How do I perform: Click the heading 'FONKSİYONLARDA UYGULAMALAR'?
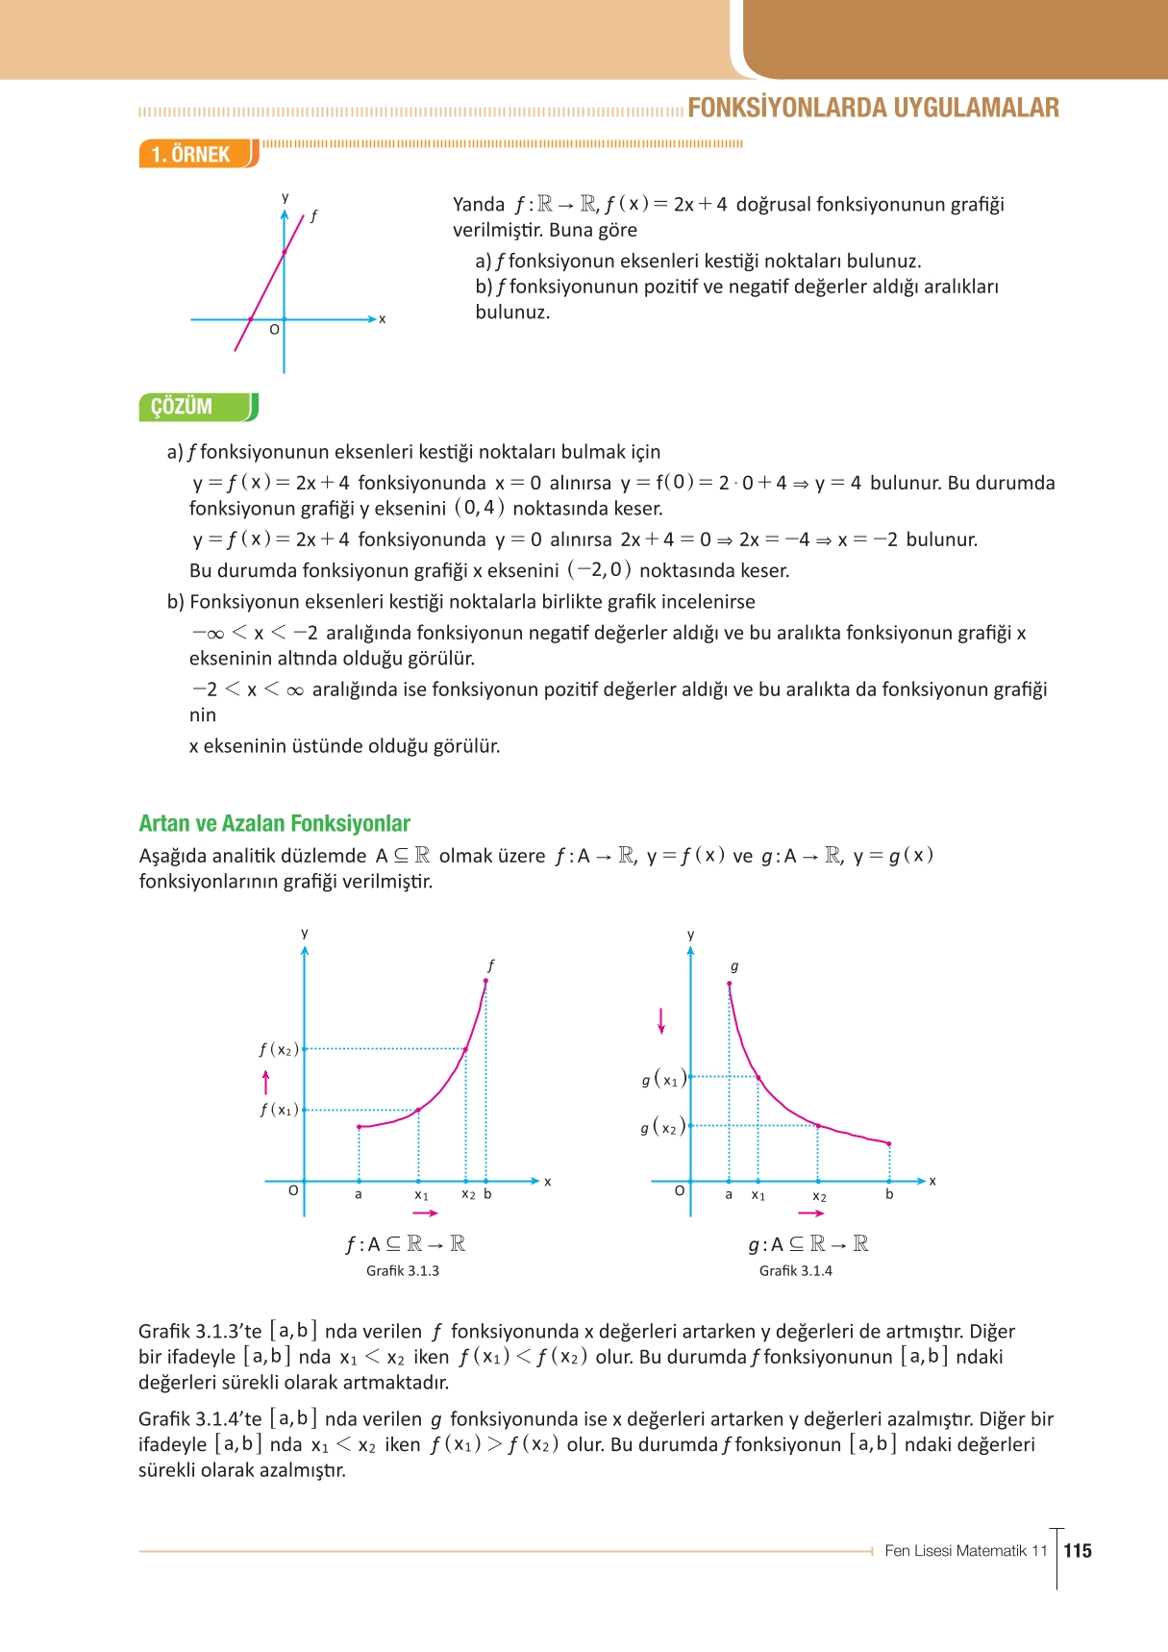pos(873,108)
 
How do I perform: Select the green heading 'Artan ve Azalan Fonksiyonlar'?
pos(274,823)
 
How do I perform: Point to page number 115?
pos(1078,1550)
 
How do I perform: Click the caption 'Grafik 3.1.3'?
pos(402,1270)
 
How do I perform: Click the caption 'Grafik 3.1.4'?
pos(795,1270)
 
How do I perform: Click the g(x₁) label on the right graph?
pos(662,1079)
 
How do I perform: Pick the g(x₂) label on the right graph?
pos(662,1126)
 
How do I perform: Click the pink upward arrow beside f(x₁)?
pos(266,1083)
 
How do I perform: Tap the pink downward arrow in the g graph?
pos(660,1020)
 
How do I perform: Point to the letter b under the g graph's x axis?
pos(889,1194)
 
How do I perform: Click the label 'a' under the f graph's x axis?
pos(359,1194)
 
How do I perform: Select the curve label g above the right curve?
pos(734,966)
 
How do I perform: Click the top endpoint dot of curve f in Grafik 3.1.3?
pos(485,981)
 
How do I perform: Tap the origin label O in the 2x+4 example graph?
pos(274,330)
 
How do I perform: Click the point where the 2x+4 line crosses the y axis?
pos(284,252)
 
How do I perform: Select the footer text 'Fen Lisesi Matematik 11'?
pos(965,1550)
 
